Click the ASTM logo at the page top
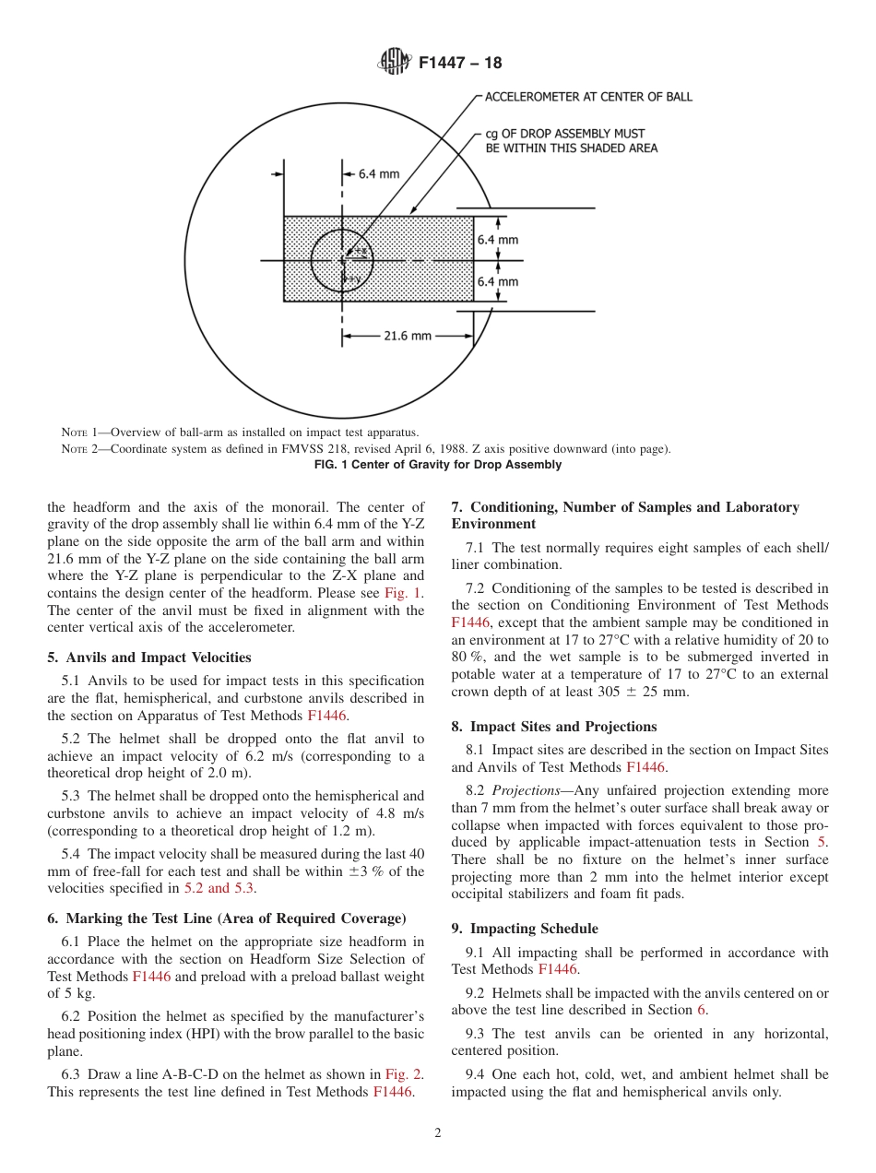pos(395,63)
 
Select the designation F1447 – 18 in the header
pos(460,64)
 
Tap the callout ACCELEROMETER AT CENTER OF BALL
pos(588,97)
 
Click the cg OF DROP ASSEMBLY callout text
pos(571,141)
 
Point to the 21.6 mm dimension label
pos(408,337)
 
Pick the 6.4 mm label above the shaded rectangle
pos(379,173)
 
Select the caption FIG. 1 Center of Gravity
pos(438,465)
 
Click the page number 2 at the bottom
pos(438,1133)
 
